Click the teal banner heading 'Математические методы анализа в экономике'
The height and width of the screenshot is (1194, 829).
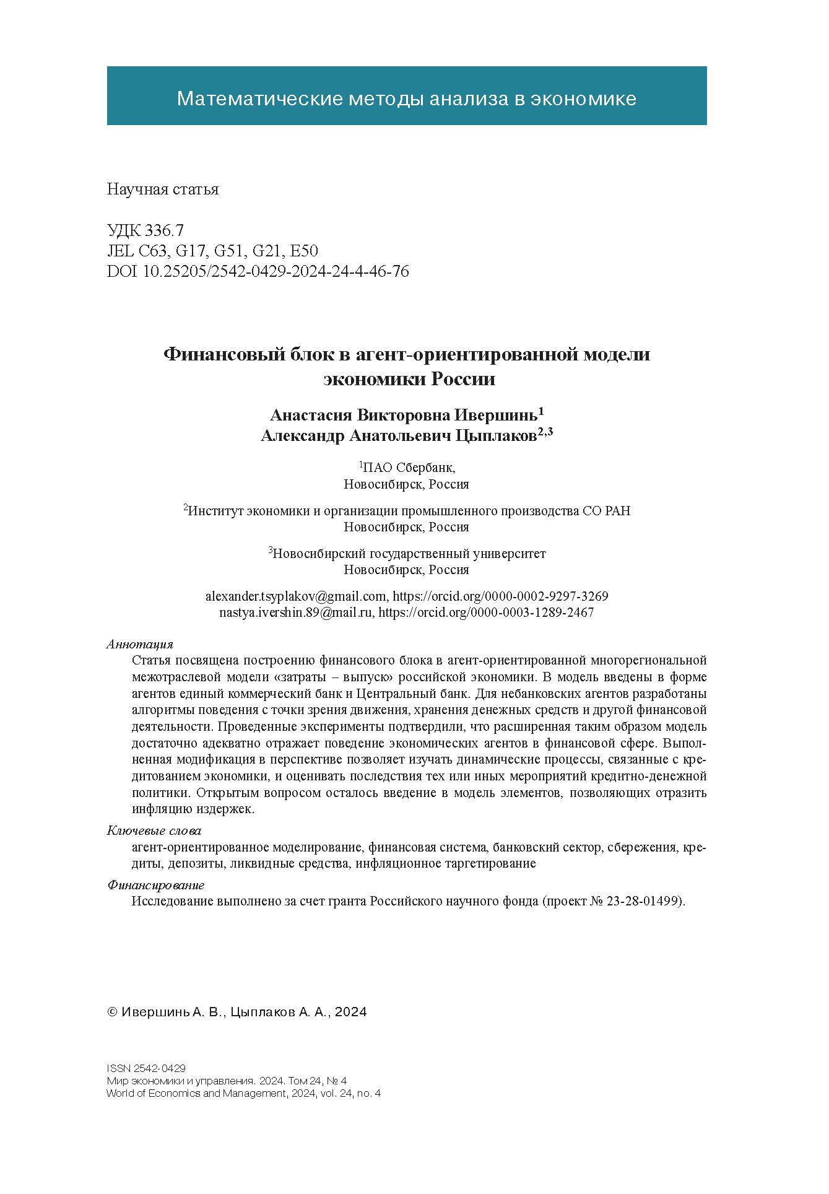406,98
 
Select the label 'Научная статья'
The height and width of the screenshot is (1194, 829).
162,189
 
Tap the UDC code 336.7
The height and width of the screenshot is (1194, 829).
164,231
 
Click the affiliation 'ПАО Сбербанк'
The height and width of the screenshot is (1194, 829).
409,468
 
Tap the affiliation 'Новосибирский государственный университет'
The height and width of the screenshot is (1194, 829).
409,553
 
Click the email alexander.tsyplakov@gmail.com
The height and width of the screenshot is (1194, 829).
295,596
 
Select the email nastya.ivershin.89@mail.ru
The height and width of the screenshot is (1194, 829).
296,612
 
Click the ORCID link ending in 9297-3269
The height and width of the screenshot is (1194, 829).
500,596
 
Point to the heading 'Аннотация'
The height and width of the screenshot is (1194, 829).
140,644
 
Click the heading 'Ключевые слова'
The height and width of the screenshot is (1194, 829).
154,830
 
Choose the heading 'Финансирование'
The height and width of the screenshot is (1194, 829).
155,885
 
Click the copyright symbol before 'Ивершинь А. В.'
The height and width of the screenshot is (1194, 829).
113,1012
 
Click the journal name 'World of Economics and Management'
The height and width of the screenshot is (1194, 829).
195,1093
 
